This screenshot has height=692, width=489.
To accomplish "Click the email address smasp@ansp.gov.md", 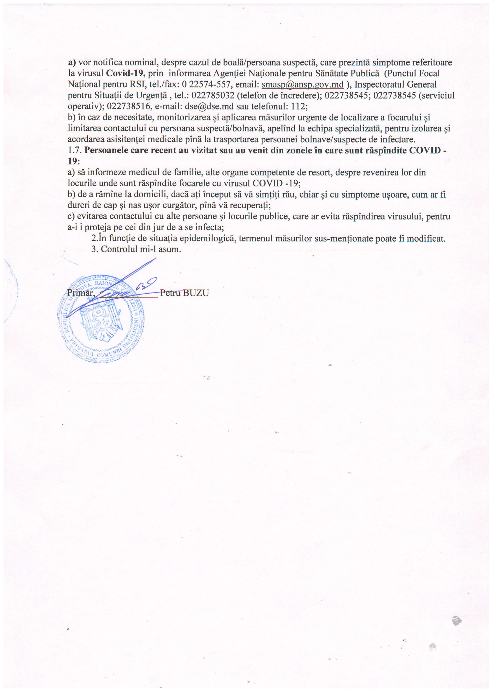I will (302, 84).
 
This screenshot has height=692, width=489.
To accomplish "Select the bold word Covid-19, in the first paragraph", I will (126, 73).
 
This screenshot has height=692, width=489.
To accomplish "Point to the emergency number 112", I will (298, 107).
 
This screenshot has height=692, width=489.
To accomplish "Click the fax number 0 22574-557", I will (206, 84).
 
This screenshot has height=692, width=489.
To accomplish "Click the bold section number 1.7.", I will (75, 150).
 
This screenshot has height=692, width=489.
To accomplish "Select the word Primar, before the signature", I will (81, 293).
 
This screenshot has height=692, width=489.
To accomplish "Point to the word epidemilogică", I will (203, 238).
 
